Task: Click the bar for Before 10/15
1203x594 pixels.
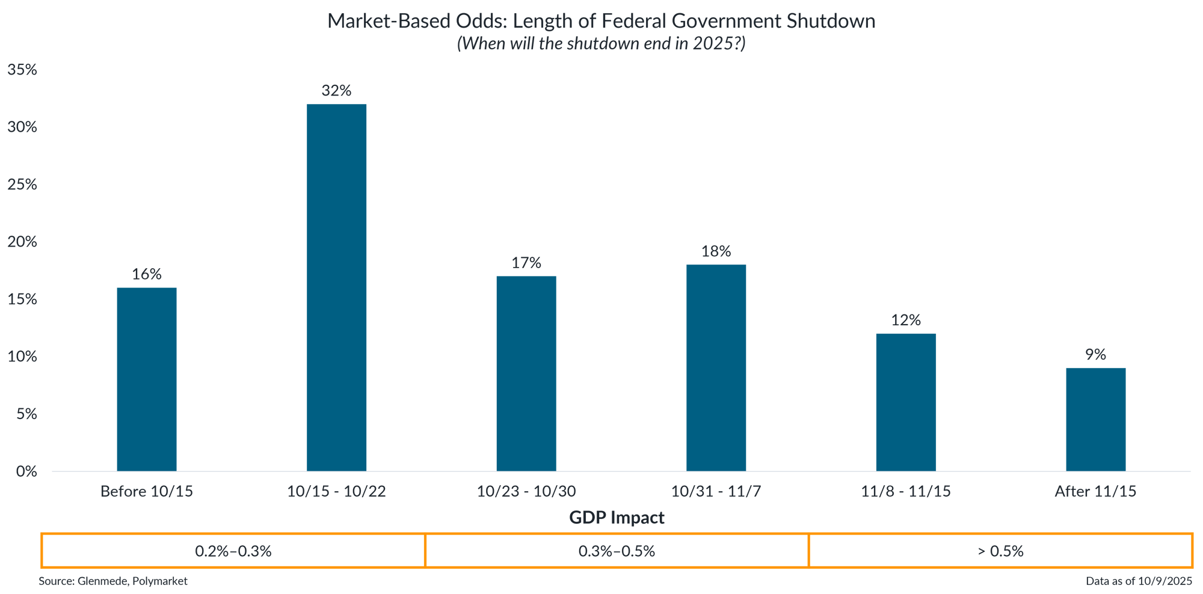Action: [147, 379]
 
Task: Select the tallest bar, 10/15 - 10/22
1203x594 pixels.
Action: [336, 287]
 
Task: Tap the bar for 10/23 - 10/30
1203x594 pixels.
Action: [526, 373]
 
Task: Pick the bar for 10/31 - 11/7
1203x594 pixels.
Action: [716, 367]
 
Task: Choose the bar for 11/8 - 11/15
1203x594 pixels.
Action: [906, 402]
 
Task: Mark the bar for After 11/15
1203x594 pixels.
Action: [1095, 419]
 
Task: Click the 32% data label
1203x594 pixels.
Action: [336, 91]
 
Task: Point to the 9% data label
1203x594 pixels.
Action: [1095, 355]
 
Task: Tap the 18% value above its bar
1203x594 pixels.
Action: [716, 251]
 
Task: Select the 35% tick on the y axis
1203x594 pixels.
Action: [22, 70]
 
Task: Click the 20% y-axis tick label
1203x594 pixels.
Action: [22, 242]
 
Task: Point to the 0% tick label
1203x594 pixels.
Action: [26, 471]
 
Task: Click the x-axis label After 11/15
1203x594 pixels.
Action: [1095, 492]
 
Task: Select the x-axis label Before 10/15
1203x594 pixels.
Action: [147, 492]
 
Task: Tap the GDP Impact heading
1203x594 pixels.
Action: [617, 518]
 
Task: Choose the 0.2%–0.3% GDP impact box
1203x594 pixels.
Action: [233, 551]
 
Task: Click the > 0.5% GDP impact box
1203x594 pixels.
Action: [1000, 551]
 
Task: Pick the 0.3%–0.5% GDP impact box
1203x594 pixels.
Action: [617, 551]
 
